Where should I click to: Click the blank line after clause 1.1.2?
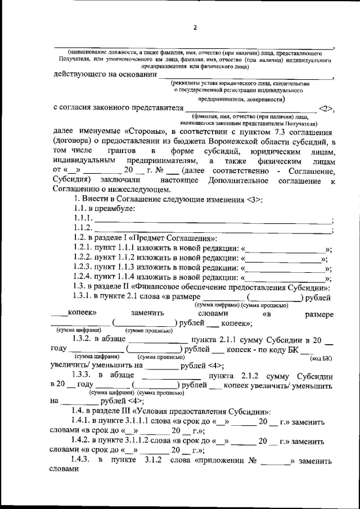tap(214, 228)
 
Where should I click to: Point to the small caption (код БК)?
tap(321, 358)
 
